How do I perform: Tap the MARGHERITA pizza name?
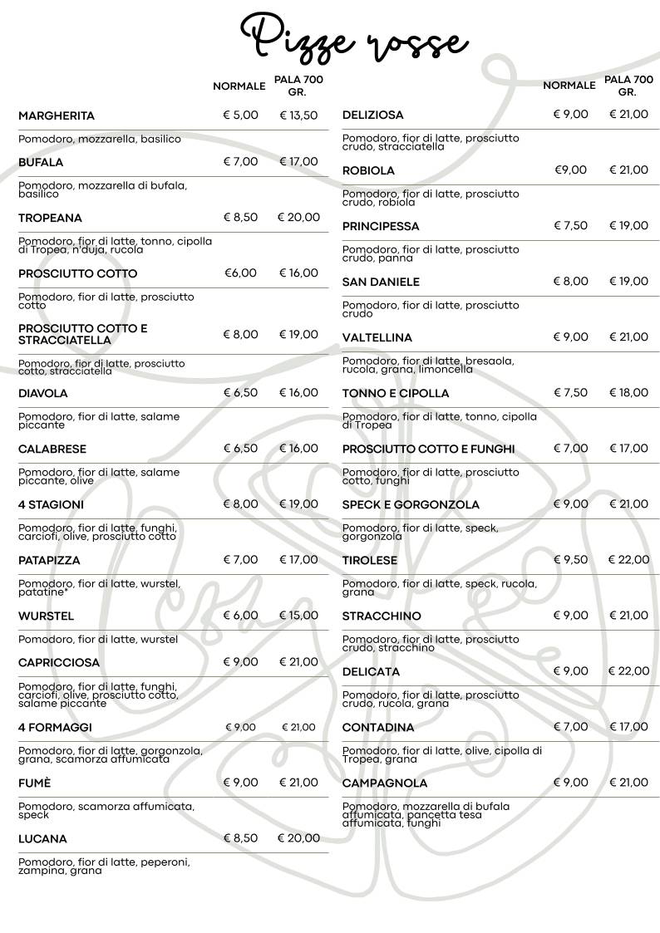[x=57, y=115]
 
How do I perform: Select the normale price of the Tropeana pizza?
[x=240, y=218]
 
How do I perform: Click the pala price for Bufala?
[x=298, y=162]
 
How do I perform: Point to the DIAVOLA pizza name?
[x=43, y=393]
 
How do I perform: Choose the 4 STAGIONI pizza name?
[x=51, y=504]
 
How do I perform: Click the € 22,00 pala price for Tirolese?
[x=628, y=560]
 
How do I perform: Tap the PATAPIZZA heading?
[x=49, y=560]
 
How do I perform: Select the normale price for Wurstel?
[x=240, y=616]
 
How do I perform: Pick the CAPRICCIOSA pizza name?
[x=58, y=662]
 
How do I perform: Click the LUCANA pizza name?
[x=42, y=839]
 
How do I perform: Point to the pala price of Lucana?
[x=298, y=838]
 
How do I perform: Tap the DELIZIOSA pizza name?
[x=373, y=115]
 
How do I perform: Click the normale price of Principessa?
[x=570, y=226]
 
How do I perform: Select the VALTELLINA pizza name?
[x=377, y=337]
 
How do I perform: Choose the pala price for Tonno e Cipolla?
[x=628, y=393]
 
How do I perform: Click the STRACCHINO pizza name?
[x=382, y=616]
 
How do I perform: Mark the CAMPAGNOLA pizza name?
[x=385, y=783]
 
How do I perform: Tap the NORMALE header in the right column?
[x=569, y=86]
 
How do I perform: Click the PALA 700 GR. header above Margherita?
[x=298, y=86]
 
